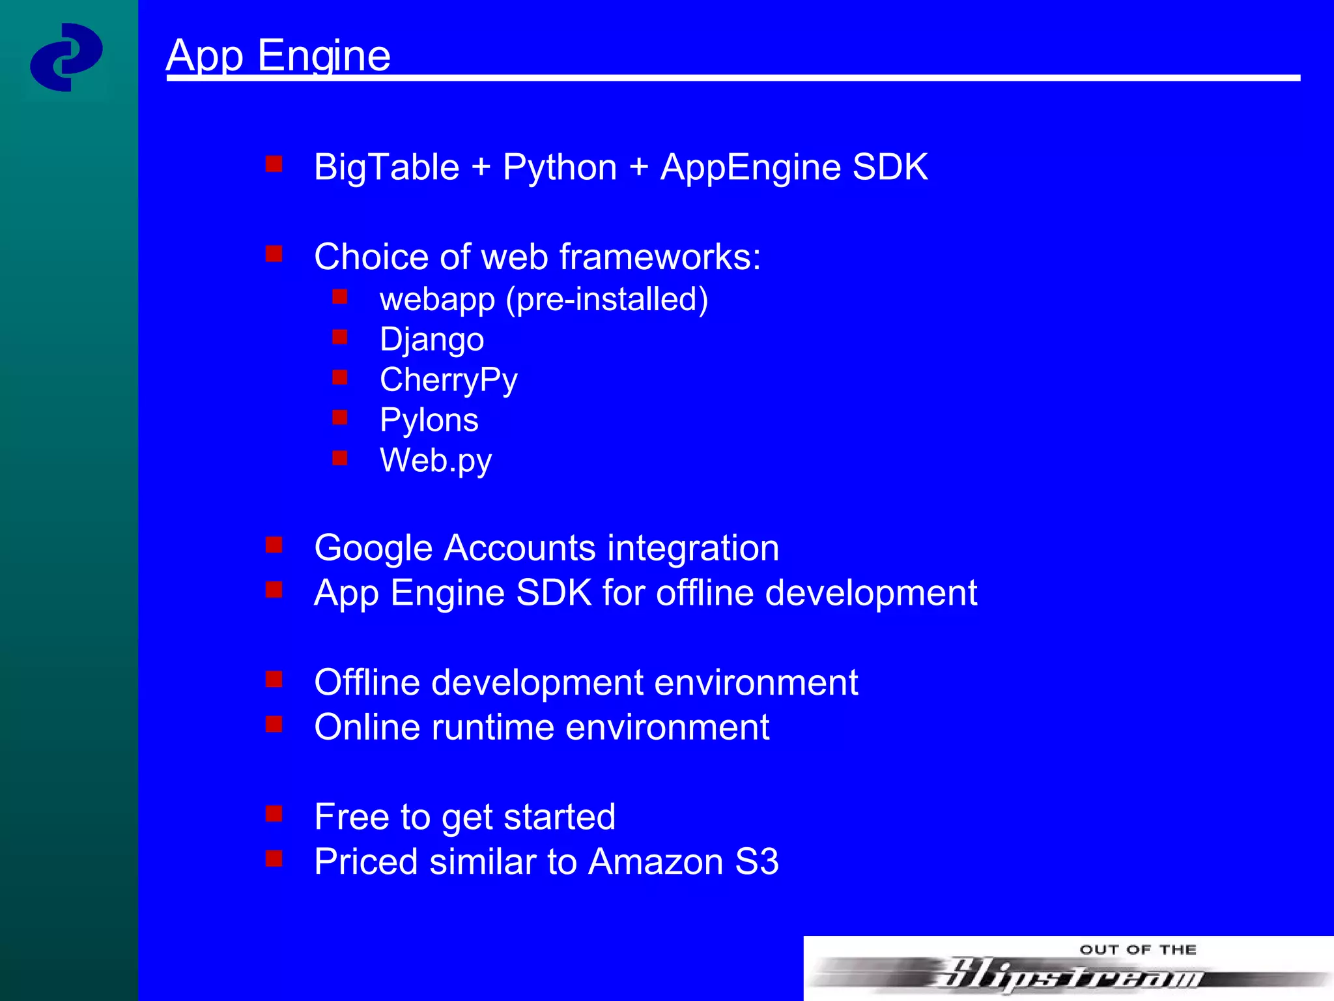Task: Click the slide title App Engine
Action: [278, 56]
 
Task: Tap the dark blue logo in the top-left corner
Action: [66, 57]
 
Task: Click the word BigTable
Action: [386, 167]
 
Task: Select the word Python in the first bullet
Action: [560, 167]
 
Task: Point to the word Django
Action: [432, 340]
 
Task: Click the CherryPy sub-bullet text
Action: [448, 381]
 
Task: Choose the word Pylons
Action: [429, 420]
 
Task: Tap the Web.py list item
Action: [435, 461]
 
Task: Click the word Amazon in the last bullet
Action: [655, 862]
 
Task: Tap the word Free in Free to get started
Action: [352, 817]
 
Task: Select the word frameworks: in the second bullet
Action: [660, 257]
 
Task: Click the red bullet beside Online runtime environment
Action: [274, 724]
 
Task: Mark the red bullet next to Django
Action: [339, 337]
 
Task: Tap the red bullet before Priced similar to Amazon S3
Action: [274, 858]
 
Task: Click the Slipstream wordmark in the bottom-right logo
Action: [1068, 975]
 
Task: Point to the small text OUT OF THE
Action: [1137, 950]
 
